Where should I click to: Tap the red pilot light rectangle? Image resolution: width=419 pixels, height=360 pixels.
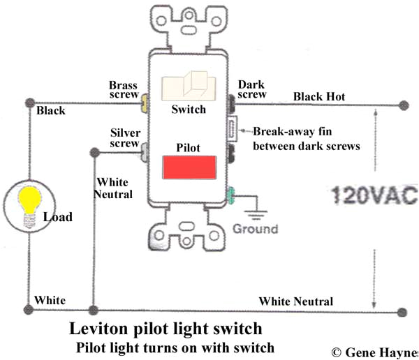pyautogui.click(x=189, y=168)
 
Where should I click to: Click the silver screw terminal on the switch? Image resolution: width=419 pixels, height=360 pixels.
pyautogui.click(x=144, y=151)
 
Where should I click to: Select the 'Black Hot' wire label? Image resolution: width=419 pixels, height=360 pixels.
pyautogui.click(x=319, y=96)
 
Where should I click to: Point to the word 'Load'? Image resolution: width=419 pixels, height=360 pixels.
pyautogui.click(x=57, y=217)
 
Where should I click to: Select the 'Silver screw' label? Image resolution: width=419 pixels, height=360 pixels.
pyautogui.click(x=124, y=138)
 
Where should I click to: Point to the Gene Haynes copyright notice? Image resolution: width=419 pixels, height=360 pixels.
pyautogui.click(x=374, y=352)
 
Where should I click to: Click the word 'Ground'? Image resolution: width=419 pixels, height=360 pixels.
pyautogui.click(x=256, y=229)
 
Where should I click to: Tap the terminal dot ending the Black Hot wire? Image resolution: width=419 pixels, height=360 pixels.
pyautogui.click(x=403, y=105)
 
